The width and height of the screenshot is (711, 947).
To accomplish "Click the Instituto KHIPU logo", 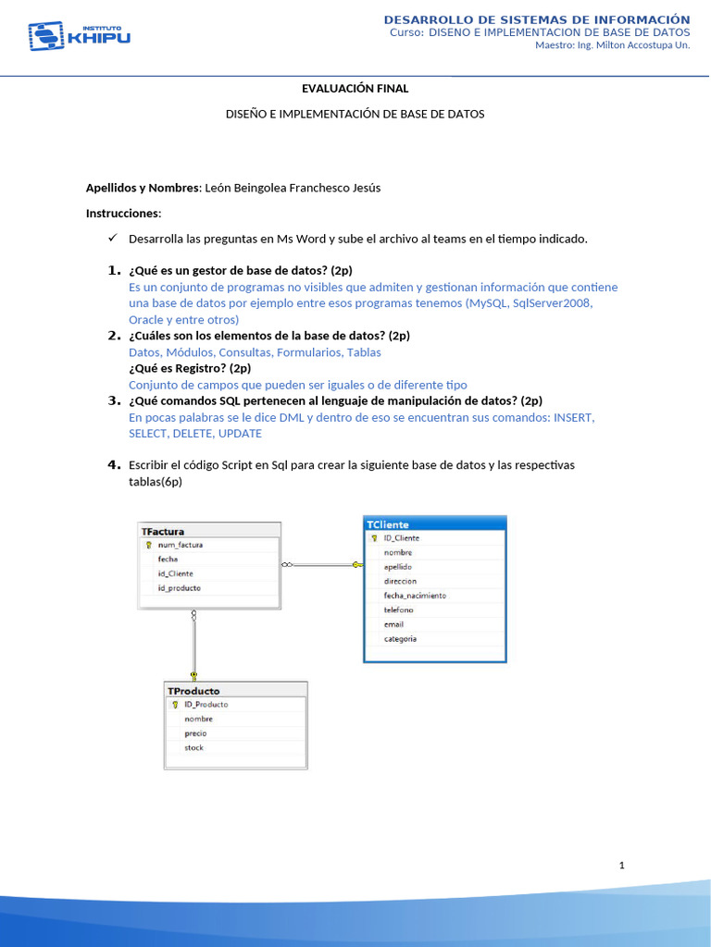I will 80,36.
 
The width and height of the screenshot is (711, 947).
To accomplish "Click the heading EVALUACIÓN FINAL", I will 355,89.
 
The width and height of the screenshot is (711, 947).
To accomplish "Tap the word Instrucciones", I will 123,213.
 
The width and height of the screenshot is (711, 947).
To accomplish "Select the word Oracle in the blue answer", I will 146,319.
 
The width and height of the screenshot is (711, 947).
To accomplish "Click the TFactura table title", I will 163,532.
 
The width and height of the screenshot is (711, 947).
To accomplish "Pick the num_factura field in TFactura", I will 181,546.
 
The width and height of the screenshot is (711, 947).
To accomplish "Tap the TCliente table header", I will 389,524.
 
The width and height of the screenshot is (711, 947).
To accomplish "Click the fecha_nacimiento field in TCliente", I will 415,596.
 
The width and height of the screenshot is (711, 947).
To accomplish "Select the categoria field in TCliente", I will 400,638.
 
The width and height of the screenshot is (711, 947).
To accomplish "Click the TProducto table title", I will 193,691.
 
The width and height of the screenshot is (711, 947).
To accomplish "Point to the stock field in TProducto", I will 193,747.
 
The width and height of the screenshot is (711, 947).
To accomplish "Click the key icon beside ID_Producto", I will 175,705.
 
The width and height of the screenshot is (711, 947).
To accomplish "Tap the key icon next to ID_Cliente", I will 374,538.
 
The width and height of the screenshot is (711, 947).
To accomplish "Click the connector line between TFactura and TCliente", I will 319,564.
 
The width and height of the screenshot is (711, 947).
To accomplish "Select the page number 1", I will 622,866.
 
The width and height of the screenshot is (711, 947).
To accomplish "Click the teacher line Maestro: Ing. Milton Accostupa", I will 612,45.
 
